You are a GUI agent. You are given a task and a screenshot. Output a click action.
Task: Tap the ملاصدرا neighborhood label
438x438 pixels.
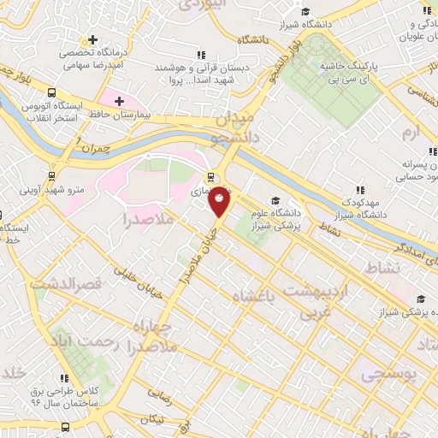click(149, 220)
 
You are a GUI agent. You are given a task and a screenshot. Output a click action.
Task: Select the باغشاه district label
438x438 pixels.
click(257, 295)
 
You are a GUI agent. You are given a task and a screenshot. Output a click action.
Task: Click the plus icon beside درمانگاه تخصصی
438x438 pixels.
click(93, 40)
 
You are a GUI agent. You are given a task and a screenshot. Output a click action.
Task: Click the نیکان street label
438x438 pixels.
click(154, 420)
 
